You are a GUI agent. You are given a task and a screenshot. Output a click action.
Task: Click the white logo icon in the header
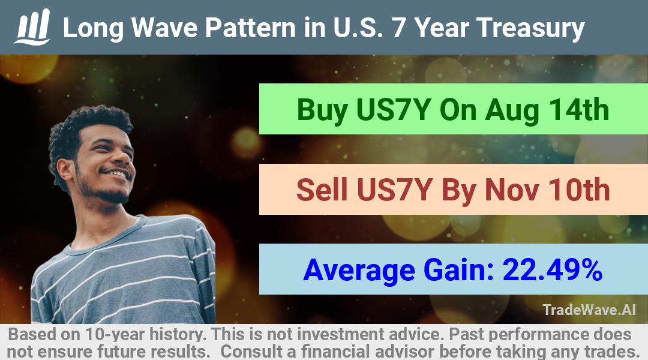[32, 27]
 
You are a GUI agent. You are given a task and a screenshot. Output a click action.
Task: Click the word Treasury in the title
[530, 28]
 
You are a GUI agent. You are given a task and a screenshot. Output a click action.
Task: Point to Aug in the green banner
[512, 110]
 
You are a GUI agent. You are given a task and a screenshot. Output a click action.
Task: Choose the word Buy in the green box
[322, 110]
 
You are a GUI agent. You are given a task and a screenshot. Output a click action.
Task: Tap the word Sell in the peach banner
[322, 190]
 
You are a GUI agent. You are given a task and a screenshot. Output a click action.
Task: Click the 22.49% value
[552, 269]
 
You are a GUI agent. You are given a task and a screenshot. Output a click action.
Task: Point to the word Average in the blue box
[359, 271]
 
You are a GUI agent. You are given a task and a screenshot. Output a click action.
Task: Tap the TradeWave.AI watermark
[589, 310]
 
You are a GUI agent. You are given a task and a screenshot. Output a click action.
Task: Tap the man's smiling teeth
[118, 173]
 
